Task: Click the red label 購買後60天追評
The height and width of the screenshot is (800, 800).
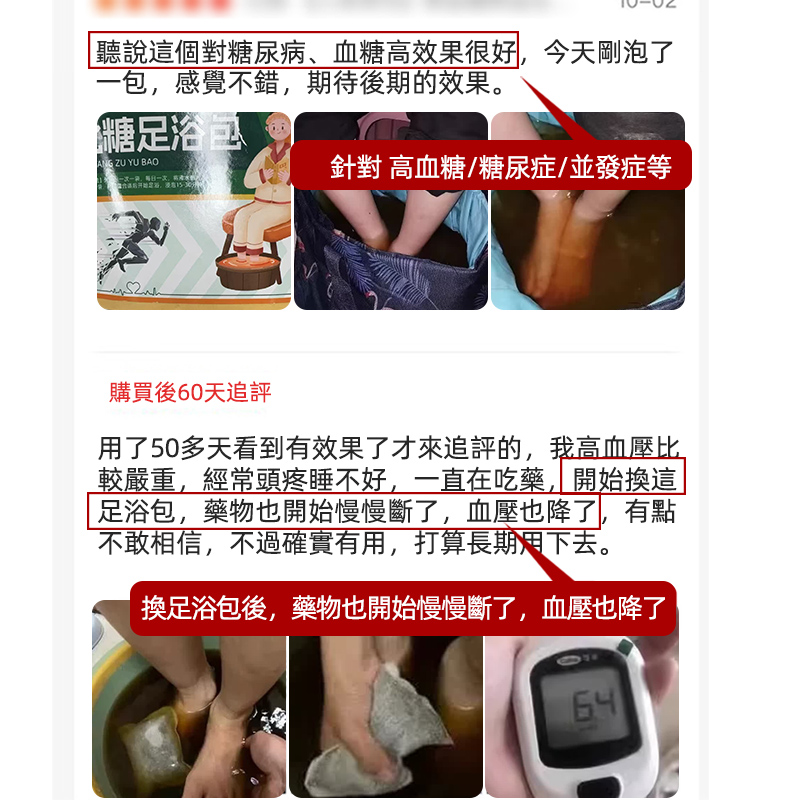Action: click(190, 392)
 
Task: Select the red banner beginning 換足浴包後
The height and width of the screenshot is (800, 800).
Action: click(403, 607)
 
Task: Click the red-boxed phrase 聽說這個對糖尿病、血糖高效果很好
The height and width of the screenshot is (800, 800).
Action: click(304, 51)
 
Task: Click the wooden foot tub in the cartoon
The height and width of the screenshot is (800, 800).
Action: click(246, 272)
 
